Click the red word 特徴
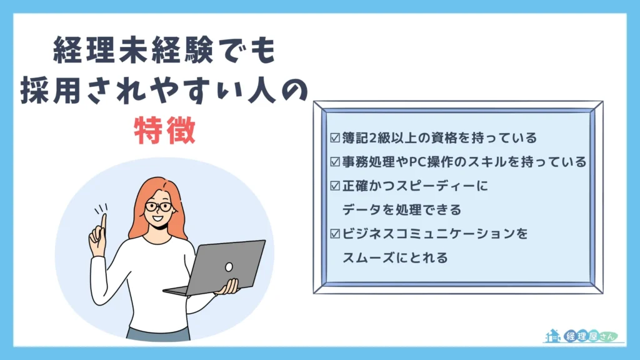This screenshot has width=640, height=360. click(x=165, y=131)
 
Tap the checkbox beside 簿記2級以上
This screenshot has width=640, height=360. click(x=335, y=138)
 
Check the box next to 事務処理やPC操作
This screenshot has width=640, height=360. click(x=335, y=162)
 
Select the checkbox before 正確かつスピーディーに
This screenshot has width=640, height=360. click(x=335, y=186)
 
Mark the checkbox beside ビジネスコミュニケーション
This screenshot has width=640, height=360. click(x=335, y=234)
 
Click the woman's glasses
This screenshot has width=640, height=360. click(x=159, y=206)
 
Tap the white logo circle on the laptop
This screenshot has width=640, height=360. click(x=229, y=267)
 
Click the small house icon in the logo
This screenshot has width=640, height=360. click(x=553, y=336)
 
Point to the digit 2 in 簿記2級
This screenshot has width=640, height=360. click(x=372, y=138)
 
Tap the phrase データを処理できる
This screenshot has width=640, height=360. click(x=402, y=210)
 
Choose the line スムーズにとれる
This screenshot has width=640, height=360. click(x=395, y=258)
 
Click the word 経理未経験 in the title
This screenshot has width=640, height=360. click(x=133, y=50)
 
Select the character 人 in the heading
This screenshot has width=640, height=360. click(x=258, y=90)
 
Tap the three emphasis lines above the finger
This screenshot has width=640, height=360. click(x=101, y=209)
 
